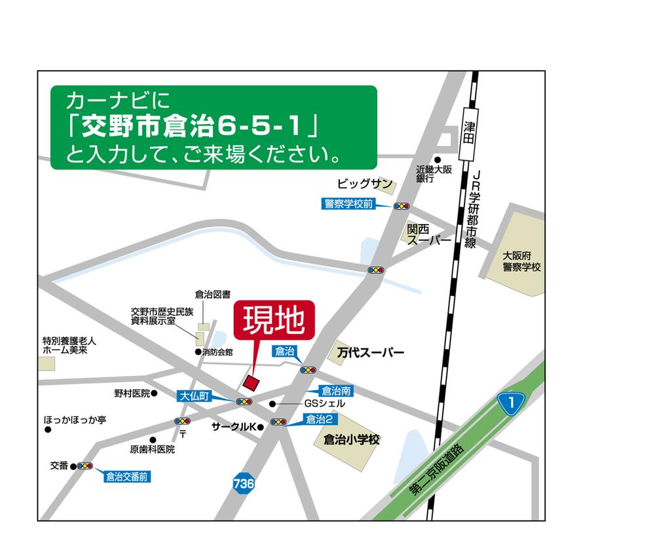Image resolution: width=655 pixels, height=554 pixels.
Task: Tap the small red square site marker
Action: pos(251,382)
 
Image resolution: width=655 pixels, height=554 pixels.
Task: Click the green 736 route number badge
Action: pos(243,484)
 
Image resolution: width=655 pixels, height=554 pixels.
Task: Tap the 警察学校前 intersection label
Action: pos(348,204)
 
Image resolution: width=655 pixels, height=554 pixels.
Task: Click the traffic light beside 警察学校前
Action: pos(401,206)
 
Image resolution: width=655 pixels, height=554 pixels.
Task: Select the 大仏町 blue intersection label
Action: pos(196,396)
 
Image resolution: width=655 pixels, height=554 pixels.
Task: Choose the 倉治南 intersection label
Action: pos(337,392)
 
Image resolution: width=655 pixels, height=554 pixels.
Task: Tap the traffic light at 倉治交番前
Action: pos(85,466)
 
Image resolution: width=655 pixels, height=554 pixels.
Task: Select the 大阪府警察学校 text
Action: pos(522,262)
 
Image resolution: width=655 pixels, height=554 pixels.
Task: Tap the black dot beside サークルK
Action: pos(260,427)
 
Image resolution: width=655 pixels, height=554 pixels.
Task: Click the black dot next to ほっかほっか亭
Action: pos(48,430)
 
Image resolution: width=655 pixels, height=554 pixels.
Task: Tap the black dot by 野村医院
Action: pos(155,394)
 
